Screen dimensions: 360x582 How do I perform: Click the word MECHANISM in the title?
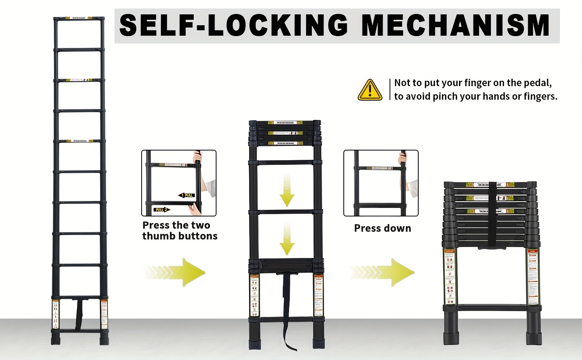[x=455, y=26]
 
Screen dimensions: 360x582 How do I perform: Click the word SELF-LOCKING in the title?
[x=234, y=26]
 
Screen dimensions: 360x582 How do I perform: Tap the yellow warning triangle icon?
[x=370, y=90]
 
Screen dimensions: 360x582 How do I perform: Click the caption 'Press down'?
[x=382, y=228]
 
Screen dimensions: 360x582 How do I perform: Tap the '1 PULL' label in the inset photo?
[x=187, y=195]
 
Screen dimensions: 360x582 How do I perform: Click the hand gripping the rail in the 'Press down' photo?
[x=403, y=158]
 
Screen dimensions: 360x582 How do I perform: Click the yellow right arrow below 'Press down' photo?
[x=384, y=272]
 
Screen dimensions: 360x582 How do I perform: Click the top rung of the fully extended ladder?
[x=79, y=19]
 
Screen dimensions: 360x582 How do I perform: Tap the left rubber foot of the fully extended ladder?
[x=56, y=338]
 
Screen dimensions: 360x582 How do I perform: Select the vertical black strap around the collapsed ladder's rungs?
[x=492, y=213]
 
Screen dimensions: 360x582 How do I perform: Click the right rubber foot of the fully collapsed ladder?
[x=533, y=334]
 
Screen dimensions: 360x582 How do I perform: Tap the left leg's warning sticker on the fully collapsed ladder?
[x=450, y=276]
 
